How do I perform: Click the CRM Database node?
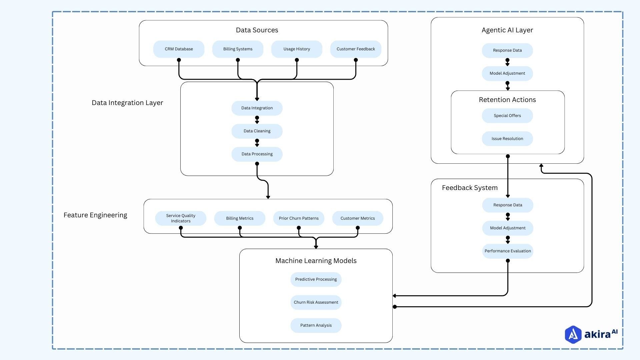(179, 49)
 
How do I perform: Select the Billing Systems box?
(238, 49)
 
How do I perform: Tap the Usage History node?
(297, 49)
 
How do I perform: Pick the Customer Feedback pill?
(356, 49)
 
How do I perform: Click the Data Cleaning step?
(257, 131)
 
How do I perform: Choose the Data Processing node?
(257, 154)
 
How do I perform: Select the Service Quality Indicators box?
(181, 218)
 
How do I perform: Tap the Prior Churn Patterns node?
(299, 218)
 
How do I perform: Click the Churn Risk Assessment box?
(316, 302)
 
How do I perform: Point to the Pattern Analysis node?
(316, 325)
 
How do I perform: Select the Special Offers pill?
(507, 116)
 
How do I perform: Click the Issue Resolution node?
(507, 139)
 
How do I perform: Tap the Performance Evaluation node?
(508, 251)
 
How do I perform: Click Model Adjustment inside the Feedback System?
(508, 228)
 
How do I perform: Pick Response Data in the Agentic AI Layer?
(507, 50)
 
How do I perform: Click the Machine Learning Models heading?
(316, 261)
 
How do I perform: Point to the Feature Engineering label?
(95, 215)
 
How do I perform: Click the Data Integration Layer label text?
(127, 103)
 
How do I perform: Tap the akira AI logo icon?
(573, 334)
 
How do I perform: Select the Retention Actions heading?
(507, 100)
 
